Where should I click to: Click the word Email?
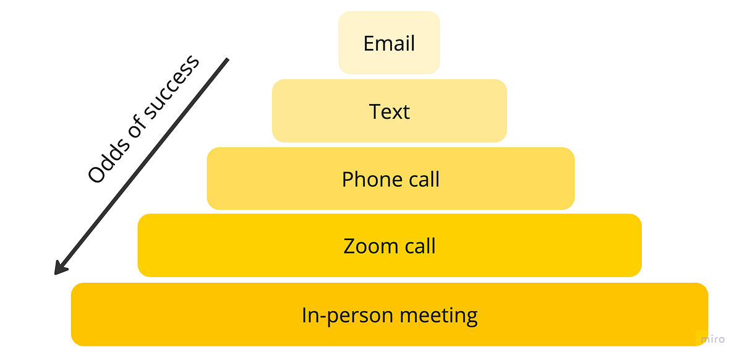(x=389, y=43)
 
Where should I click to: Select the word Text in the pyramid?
(x=389, y=111)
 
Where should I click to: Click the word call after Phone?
(x=424, y=179)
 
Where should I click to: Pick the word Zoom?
(x=370, y=246)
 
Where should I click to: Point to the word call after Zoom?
(x=420, y=246)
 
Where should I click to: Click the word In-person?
(x=347, y=315)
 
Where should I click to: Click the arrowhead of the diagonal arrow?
(x=61, y=268)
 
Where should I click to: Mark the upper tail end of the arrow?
(x=228, y=59)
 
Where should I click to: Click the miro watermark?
(x=713, y=339)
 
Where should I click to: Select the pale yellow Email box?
(x=389, y=43)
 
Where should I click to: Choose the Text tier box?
(x=389, y=111)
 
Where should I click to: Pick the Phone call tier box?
(x=391, y=178)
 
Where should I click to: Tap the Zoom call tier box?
(x=390, y=246)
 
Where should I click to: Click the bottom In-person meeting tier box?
(x=390, y=314)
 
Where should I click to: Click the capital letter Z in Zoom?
(x=350, y=246)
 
